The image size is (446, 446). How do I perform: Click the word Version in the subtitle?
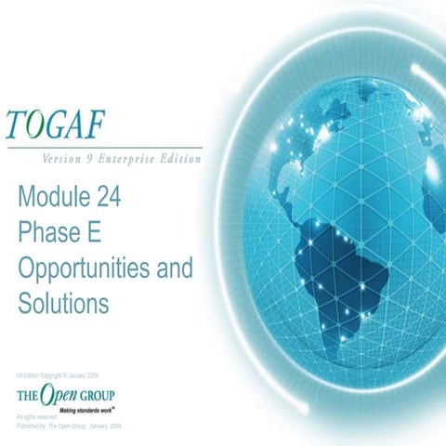point(62,158)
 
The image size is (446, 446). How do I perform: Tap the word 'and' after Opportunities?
point(172,268)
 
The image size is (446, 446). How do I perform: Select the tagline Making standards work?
point(85,410)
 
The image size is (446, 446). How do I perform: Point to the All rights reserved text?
point(36,417)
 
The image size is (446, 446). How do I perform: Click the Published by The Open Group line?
point(69,425)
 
